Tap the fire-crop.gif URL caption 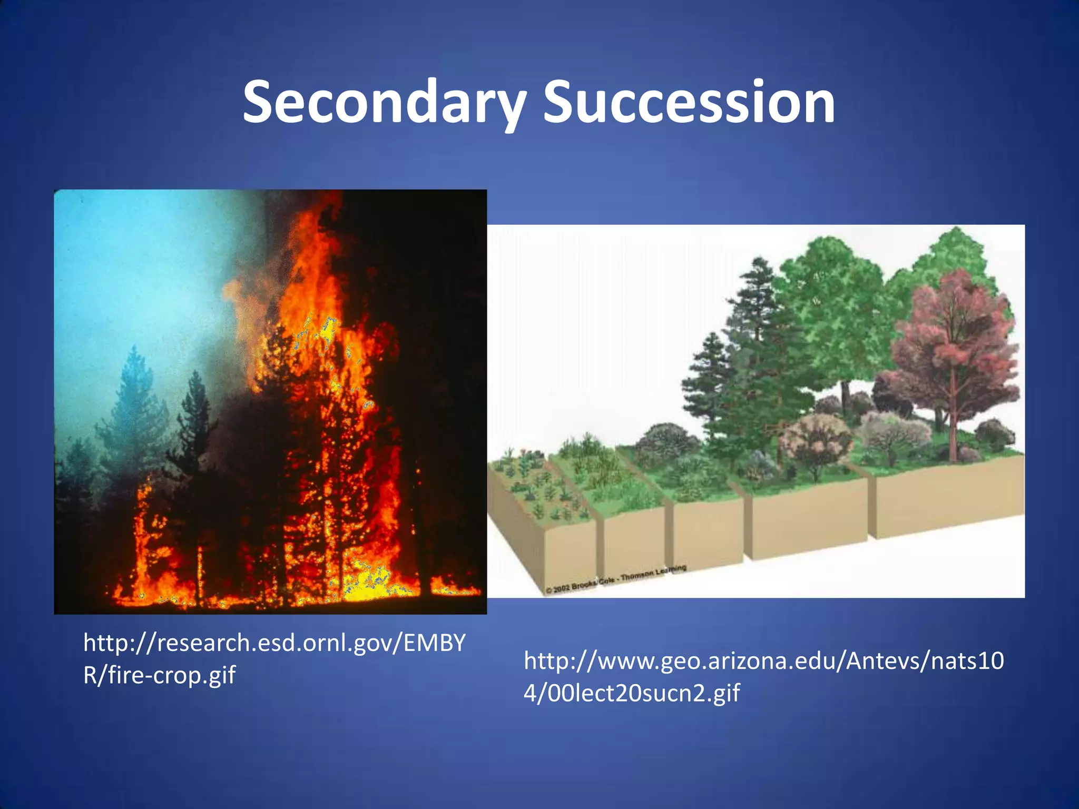click(274, 658)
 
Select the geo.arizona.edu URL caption click(763, 676)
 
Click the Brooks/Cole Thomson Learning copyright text click(616, 579)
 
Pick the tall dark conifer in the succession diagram click(759, 342)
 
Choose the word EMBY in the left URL click(434, 643)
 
